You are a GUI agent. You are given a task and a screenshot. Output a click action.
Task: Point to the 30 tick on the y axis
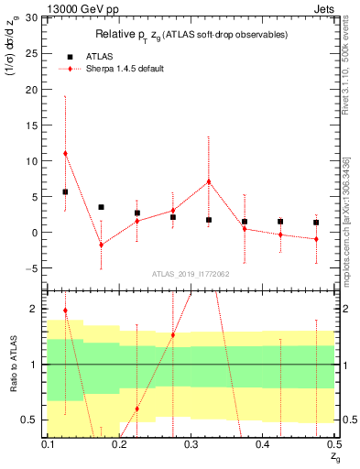point(35,17)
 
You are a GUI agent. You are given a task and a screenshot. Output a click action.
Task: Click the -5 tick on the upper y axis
point(35,268)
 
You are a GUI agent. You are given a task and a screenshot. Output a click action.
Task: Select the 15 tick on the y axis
point(35,125)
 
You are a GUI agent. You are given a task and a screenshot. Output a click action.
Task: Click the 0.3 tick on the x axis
point(191,444)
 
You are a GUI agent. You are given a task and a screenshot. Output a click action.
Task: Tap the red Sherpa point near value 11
point(65,153)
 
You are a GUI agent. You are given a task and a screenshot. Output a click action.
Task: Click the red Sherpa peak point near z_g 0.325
point(209,181)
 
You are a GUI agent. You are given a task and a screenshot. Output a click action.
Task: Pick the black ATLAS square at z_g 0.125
point(65,191)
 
